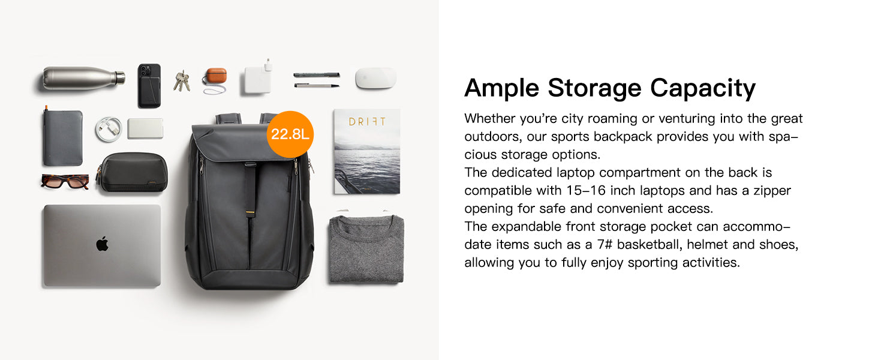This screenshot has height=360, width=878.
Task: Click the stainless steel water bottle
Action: coord(83,78)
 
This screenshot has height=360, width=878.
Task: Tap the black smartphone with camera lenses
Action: coord(149,85)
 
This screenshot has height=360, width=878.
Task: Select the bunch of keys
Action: coord(182,82)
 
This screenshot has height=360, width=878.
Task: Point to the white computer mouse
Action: coord(375,78)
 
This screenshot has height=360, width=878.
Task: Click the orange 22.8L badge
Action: coord(290,134)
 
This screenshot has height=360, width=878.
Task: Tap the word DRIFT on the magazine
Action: coord(367,122)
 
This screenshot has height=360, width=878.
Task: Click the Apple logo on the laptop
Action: coord(103,244)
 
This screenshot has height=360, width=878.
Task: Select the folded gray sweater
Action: coord(366,248)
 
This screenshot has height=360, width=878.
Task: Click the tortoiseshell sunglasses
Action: coord(65,181)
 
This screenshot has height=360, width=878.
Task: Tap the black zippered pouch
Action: coord(133,172)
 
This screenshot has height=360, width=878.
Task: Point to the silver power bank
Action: coord(145,128)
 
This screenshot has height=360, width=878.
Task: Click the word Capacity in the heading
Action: coord(703,88)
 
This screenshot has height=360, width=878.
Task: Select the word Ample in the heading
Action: coord(502,88)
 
